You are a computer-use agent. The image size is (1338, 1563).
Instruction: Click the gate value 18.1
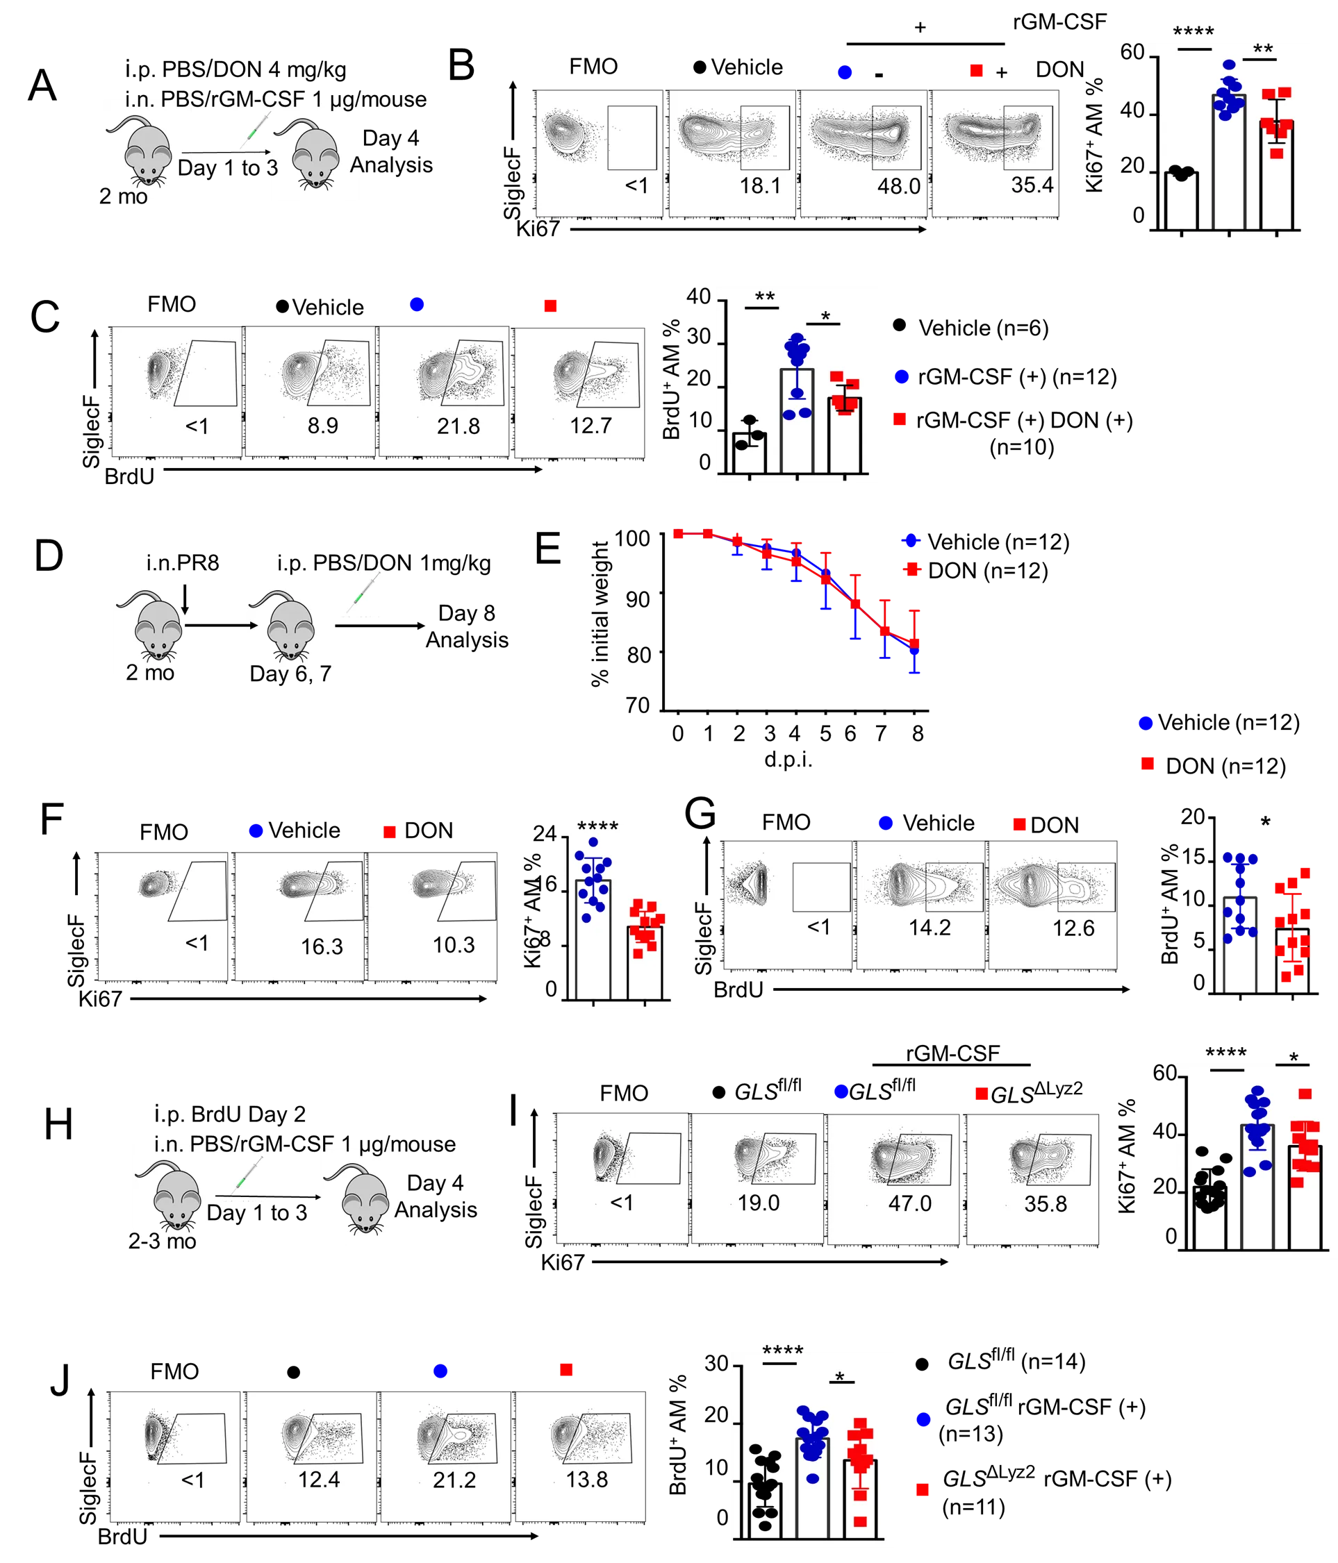click(760, 185)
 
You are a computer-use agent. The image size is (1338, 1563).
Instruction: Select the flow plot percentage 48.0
click(899, 186)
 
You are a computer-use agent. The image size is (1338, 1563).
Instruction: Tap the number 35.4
click(1032, 185)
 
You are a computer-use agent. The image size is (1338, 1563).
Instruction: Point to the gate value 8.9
click(322, 426)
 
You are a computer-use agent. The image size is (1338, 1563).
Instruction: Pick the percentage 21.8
click(458, 426)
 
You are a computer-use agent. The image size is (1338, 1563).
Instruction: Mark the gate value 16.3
click(322, 946)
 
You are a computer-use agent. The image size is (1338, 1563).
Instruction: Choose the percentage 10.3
click(454, 944)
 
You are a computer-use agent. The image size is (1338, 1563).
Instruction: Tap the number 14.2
click(930, 927)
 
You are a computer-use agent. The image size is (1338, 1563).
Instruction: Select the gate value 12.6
click(1073, 928)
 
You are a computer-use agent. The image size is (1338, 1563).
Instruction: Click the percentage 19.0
click(759, 1203)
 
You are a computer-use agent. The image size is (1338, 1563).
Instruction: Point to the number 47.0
click(909, 1203)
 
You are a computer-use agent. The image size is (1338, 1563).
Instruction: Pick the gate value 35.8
click(1046, 1204)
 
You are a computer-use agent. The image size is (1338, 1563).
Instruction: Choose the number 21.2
click(454, 1480)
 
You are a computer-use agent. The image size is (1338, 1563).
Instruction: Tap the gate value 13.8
click(586, 1479)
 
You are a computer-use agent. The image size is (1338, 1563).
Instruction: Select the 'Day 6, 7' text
click(290, 671)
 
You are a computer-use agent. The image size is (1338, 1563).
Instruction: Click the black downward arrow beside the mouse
click(185, 600)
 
